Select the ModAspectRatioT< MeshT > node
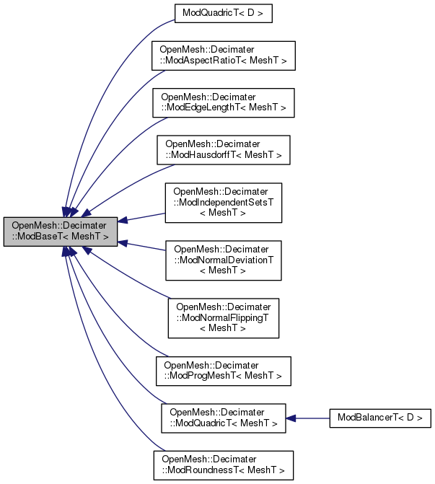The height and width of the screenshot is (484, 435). click(x=222, y=56)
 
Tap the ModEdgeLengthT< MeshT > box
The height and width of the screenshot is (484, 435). click(x=223, y=102)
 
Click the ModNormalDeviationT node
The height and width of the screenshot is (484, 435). click(x=223, y=260)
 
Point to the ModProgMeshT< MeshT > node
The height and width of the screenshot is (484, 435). click(x=224, y=371)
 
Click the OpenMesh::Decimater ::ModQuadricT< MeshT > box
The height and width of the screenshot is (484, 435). click(x=223, y=418)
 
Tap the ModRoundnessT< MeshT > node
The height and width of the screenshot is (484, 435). click(x=223, y=465)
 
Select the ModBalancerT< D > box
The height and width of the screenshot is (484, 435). click(x=379, y=418)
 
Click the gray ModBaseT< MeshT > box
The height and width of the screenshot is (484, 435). click(x=61, y=230)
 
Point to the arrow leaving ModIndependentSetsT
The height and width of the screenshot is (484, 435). click(x=144, y=217)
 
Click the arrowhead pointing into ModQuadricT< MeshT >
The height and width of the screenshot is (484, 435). click(x=291, y=418)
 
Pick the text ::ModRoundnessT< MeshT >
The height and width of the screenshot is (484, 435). click(x=223, y=471)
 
